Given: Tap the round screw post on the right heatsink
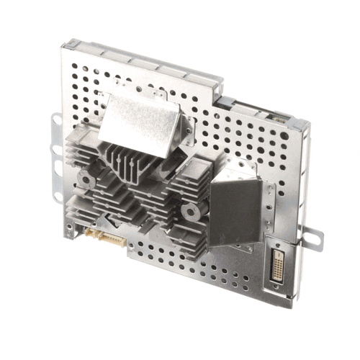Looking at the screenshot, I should (x=190, y=212).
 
